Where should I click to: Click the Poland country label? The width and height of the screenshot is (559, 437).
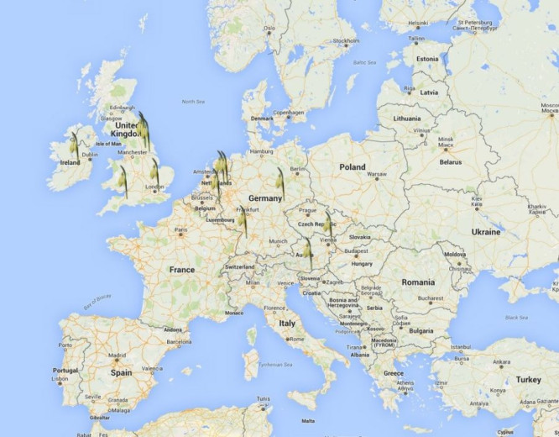pyautogui.click(x=353, y=166)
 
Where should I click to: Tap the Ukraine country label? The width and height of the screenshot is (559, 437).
pyautogui.click(x=486, y=231)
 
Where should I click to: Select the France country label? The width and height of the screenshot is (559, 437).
pyautogui.click(x=181, y=270)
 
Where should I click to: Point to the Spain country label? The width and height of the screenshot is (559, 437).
pyautogui.click(x=121, y=371)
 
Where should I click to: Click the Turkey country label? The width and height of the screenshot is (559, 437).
pyautogui.click(x=528, y=379)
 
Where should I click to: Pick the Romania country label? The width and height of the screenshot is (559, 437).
pyautogui.click(x=418, y=282)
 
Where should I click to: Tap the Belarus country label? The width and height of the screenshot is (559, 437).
pyautogui.click(x=450, y=161)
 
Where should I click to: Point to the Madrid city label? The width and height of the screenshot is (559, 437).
pyautogui.click(x=117, y=355)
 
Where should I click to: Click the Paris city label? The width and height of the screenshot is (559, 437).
pyautogui.click(x=180, y=229)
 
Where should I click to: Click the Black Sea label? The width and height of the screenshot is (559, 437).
pyautogui.click(x=516, y=317)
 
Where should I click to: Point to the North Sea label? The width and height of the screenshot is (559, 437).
pyautogui.click(x=193, y=102)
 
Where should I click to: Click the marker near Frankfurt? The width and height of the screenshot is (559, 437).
pyautogui.click(x=243, y=220)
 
